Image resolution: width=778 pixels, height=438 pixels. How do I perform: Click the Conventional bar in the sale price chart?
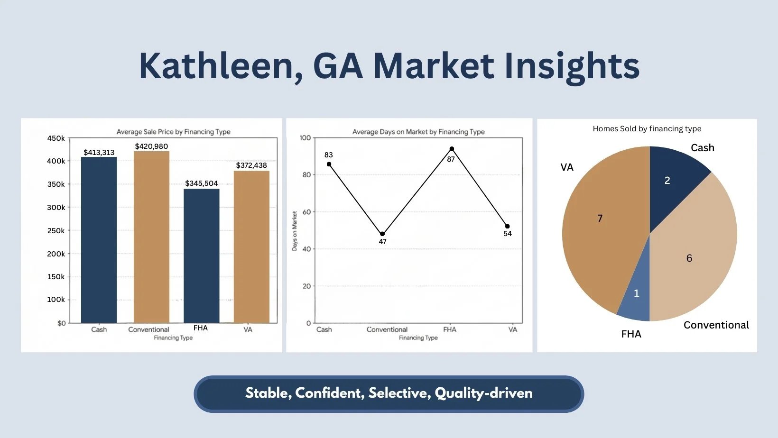[151, 237]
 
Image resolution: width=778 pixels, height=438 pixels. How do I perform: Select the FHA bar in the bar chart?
[202, 256]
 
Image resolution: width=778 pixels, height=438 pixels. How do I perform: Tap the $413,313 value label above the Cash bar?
[99, 152]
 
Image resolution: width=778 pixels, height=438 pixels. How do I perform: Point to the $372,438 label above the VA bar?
[251, 165]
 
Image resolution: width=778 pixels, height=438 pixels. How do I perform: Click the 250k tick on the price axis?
[56, 231]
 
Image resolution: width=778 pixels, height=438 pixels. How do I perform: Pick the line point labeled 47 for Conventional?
[382, 234]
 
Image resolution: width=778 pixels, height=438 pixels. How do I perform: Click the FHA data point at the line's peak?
[452, 149]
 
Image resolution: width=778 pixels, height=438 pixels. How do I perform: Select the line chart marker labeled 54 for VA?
[508, 226]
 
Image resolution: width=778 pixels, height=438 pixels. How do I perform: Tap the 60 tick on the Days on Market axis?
[306, 212]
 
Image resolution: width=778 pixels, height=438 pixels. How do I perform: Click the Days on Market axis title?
[295, 231]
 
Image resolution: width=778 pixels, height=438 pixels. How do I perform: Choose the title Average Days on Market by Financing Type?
[418, 132]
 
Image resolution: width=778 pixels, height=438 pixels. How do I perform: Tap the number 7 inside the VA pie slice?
[600, 219]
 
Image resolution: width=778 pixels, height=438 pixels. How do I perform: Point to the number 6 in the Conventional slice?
[689, 258]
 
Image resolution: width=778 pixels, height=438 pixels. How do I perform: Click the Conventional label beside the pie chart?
[716, 325]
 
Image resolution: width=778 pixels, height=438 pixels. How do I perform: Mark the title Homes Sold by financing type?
[647, 129]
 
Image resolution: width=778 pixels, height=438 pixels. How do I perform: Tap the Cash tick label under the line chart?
[324, 329]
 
